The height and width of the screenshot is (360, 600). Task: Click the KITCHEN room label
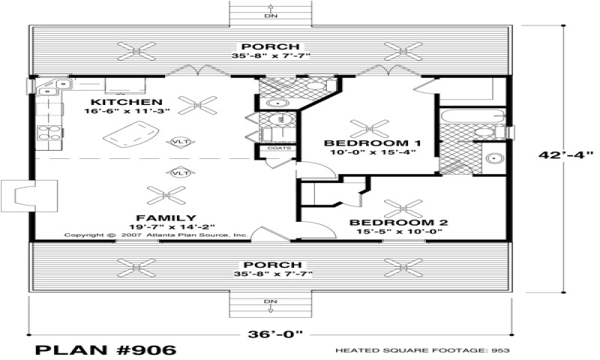click(x=126, y=102)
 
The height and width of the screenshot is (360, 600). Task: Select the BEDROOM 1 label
click(x=372, y=142)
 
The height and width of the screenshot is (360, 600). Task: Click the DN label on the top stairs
click(x=270, y=15)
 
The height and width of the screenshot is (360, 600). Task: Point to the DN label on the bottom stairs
click(x=270, y=301)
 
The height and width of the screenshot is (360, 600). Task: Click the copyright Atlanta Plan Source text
click(x=155, y=235)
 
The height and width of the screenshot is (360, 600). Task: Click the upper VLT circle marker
click(x=180, y=141)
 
